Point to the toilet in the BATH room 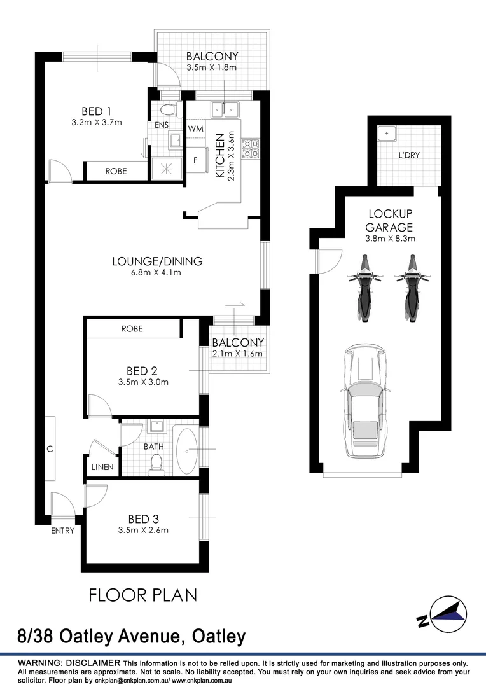click(x=155, y=466)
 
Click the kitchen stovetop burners click(x=253, y=149)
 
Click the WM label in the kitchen click(x=195, y=128)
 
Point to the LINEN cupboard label click(x=102, y=467)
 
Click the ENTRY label click(x=62, y=531)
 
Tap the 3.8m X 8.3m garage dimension click(x=391, y=239)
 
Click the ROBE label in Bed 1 click(x=116, y=171)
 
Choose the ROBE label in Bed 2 click(x=132, y=329)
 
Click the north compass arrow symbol click(x=449, y=613)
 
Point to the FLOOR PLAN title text click(x=142, y=595)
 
